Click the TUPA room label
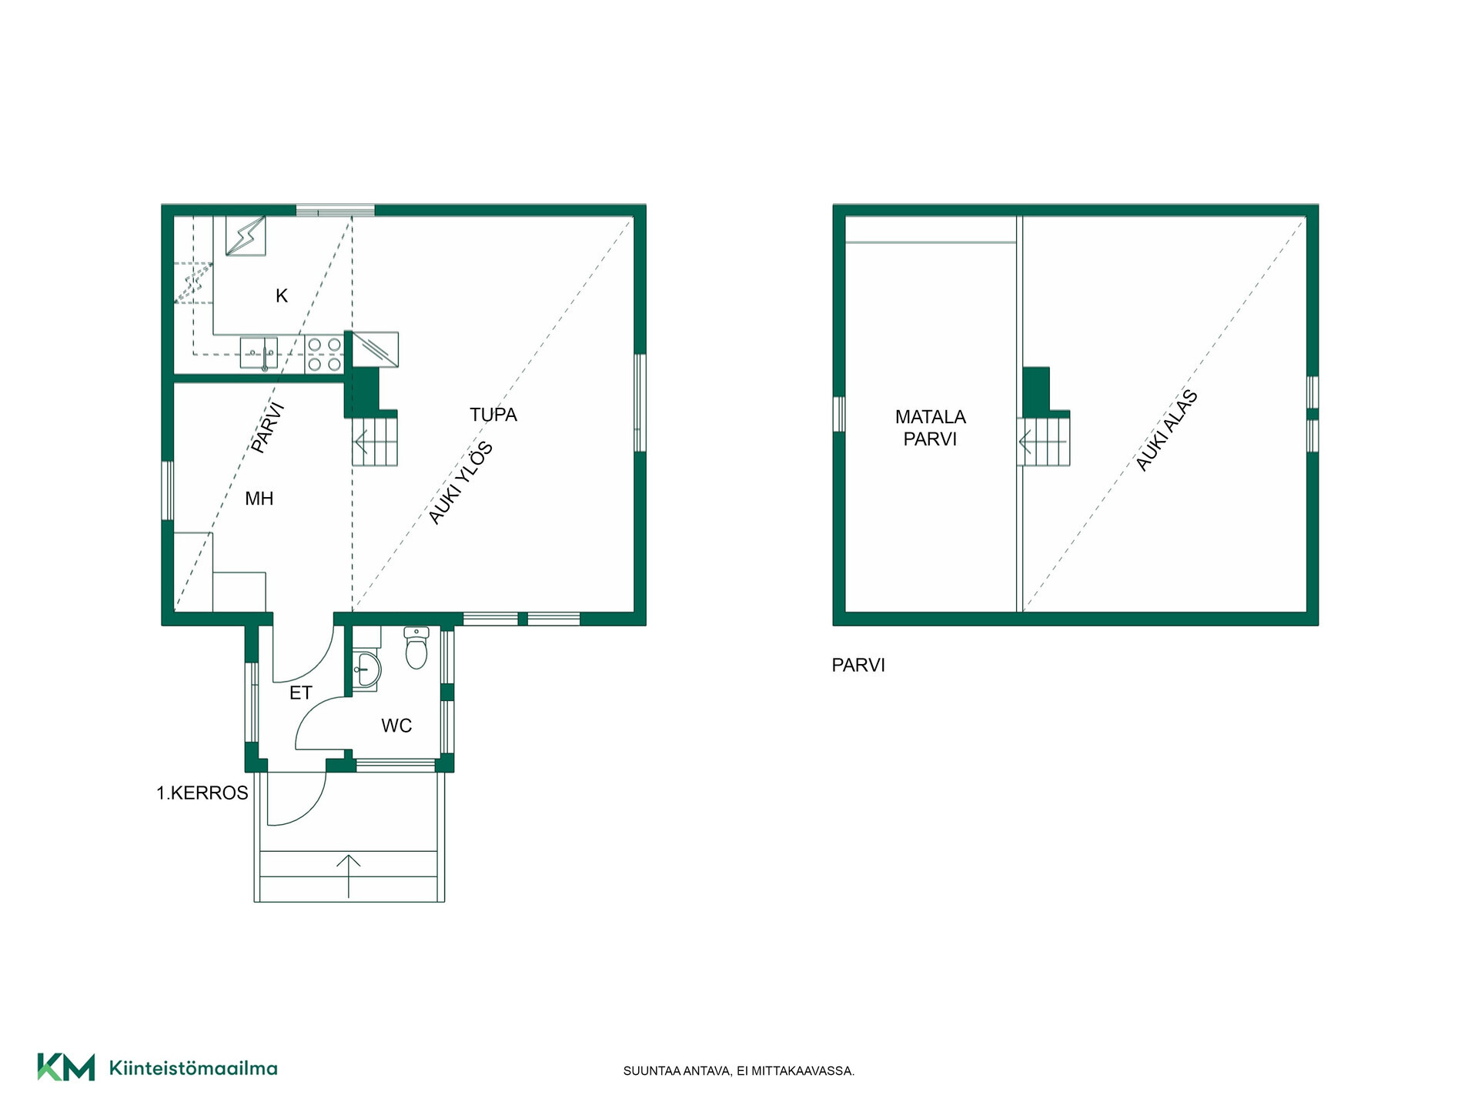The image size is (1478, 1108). tap(493, 415)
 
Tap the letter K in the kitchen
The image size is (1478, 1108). tap(282, 295)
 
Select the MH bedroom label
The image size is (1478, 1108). tap(259, 499)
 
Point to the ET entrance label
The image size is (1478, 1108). tap(300, 693)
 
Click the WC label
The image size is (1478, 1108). tap(396, 726)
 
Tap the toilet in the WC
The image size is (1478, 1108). tap(416, 648)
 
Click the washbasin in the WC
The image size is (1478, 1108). tap(366, 670)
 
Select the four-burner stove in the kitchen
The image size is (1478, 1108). tap(324, 354)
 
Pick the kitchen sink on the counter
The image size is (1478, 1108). tap(259, 354)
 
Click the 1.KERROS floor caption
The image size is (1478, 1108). tap(202, 793)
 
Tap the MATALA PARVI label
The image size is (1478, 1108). tap(930, 428)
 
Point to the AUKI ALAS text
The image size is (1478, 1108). tap(1167, 430)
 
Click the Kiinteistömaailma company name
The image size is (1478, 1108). tap(193, 1068)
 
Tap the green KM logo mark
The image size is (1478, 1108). tap(66, 1067)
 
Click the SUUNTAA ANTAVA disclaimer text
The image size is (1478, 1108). tap(739, 1071)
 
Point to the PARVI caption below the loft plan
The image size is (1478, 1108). tap(858, 665)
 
